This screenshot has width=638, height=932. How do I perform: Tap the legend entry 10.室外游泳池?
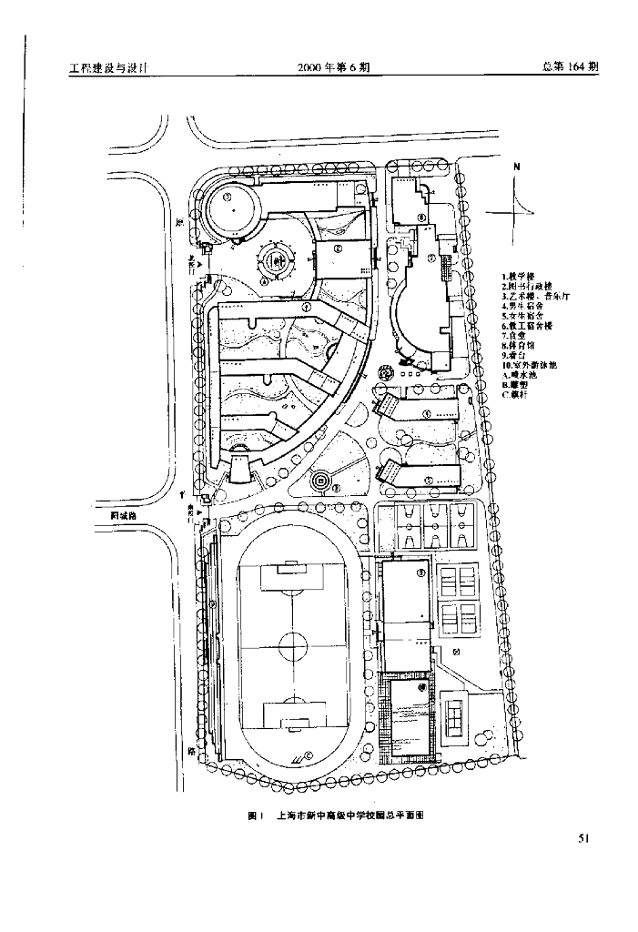coord(531,365)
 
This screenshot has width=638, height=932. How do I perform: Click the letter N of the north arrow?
coord(516,167)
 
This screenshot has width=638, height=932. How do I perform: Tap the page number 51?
coord(584,839)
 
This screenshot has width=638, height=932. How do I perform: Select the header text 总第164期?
coord(569,67)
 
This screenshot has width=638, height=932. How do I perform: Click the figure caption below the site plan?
coord(336,816)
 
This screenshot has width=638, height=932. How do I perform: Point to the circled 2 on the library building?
coord(337,248)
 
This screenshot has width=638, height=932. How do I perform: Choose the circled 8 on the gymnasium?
coord(420,572)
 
